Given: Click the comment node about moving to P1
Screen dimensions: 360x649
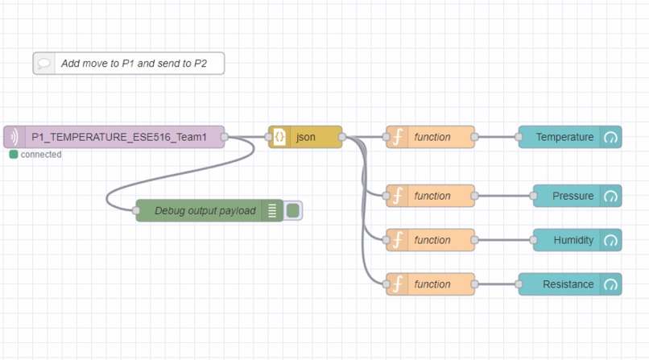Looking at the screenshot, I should click(x=129, y=64).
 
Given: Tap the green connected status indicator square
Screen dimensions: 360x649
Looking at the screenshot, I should click(x=14, y=154).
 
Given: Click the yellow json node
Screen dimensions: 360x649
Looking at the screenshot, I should click(x=306, y=137).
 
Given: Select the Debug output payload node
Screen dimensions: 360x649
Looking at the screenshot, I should click(x=205, y=210).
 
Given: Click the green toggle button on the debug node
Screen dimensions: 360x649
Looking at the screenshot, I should click(x=293, y=210).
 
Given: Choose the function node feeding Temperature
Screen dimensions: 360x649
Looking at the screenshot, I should click(x=432, y=137).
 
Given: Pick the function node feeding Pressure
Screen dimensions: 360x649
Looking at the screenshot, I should click(x=432, y=196).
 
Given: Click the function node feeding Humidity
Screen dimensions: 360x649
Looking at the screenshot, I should click(x=432, y=240).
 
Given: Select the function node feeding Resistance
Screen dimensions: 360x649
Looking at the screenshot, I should click(x=432, y=284).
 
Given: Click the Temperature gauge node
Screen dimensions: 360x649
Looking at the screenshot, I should click(x=564, y=137).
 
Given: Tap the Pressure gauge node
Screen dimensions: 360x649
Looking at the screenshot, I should click(x=572, y=196).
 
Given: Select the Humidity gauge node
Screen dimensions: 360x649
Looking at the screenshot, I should click(x=572, y=240).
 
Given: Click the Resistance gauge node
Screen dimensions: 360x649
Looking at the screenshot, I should click(x=564, y=284).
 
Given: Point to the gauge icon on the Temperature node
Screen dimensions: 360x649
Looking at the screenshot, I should click(x=610, y=137).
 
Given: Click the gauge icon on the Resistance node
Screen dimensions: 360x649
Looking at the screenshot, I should click(x=610, y=284).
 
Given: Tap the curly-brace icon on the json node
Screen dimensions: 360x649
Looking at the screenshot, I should click(x=279, y=137).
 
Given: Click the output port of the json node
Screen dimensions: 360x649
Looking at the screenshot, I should click(x=342, y=137).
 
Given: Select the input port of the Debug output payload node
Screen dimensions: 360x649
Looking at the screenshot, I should click(x=136, y=210).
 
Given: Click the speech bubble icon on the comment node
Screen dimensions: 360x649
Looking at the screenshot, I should click(x=45, y=64).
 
